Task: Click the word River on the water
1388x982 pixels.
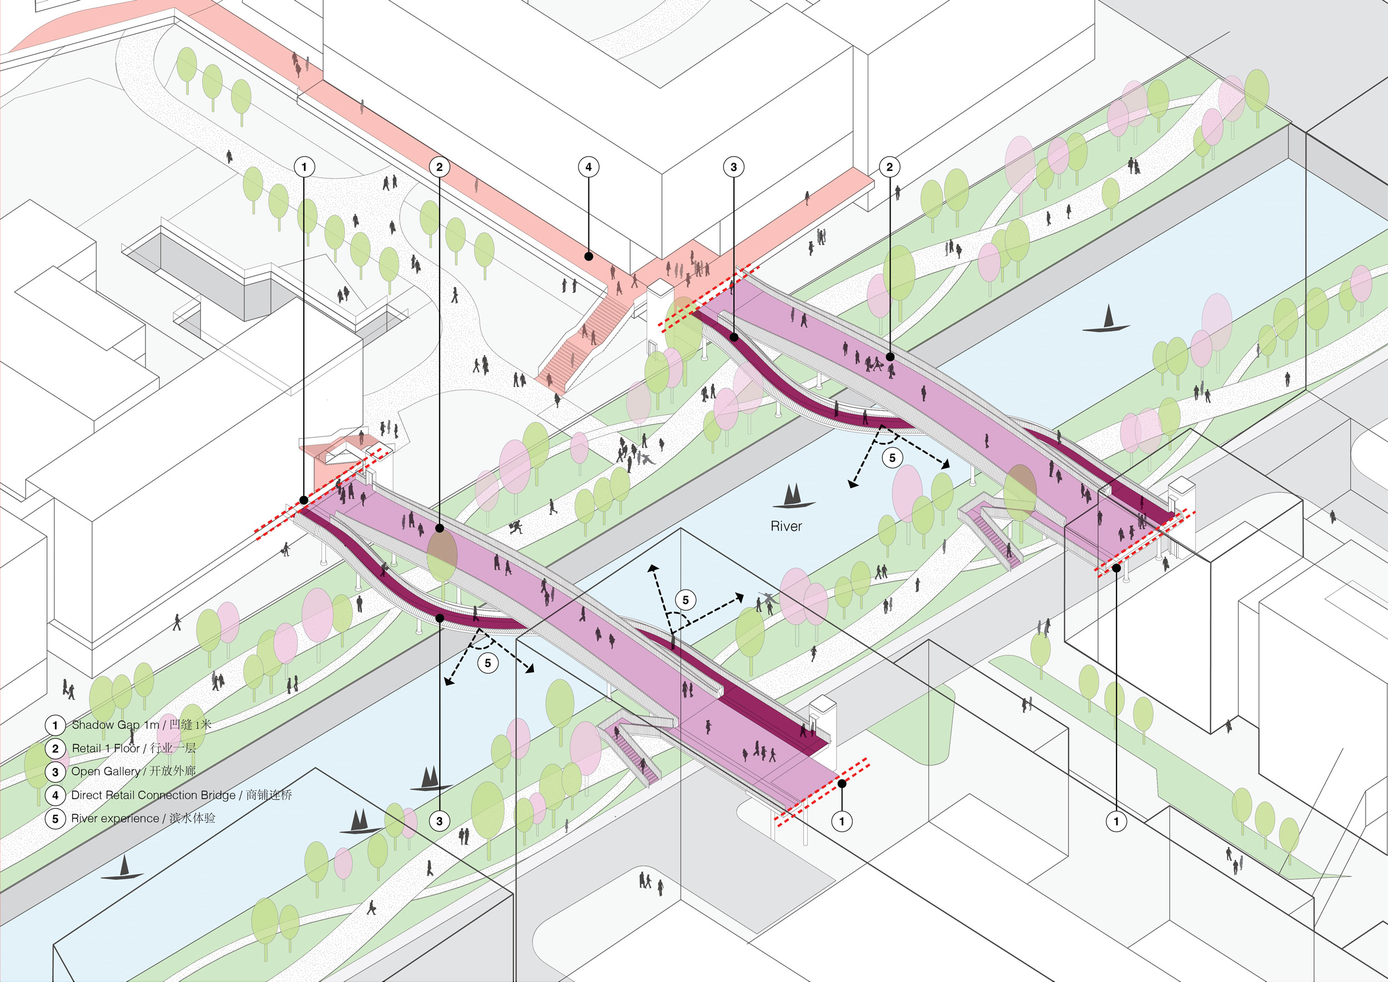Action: click(x=786, y=527)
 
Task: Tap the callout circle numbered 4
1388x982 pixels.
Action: click(x=588, y=167)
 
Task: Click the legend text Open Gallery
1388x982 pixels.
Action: click(x=106, y=771)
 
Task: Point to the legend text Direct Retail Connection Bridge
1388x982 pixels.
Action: click(x=154, y=795)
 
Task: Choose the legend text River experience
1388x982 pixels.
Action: click(x=115, y=819)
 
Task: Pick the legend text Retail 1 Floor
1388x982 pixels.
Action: click(x=106, y=749)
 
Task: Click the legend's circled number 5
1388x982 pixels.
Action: click(x=55, y=819)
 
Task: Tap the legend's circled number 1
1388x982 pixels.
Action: click(x=55, y=725)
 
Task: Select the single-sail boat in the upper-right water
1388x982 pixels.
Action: click(x=1108, y=320)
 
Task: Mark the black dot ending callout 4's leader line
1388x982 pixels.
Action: click(x=588, y=257)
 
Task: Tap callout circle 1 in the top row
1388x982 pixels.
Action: click(x=304, y=167)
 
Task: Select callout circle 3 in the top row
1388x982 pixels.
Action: click(x=733, y=167)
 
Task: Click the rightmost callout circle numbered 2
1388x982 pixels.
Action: click(x=889, y=167)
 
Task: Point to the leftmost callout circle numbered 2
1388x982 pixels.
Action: click(x=440, y=167)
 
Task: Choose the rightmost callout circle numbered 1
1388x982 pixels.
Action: click(x=1116, y=821)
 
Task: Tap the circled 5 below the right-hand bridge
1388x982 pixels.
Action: click(x=892, y=458)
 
